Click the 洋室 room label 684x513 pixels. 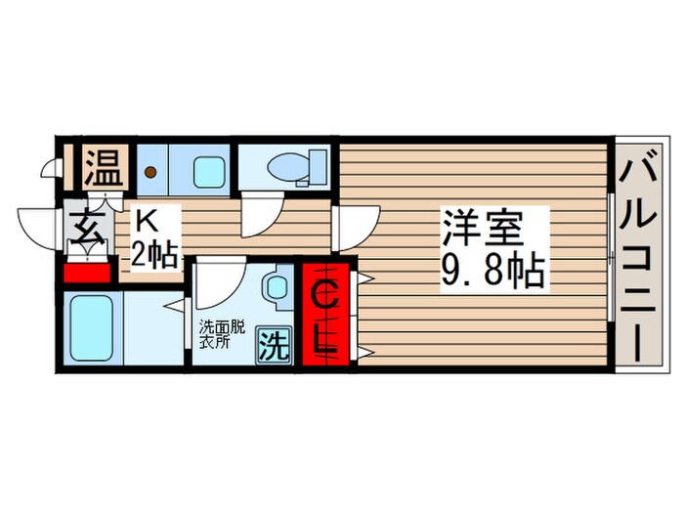click(484, 228)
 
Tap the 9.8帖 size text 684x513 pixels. click(493, 271)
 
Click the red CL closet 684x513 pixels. click(326, 314)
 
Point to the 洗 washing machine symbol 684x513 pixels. click(274, 345)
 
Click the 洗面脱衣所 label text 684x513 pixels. click(222, 334)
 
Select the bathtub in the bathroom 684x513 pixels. click(91, 328)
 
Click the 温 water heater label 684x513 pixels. click(104, 167)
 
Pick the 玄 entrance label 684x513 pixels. click(89, 228)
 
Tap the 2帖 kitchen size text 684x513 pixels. click(154, 254)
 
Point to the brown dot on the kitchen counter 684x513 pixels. click(150, 172)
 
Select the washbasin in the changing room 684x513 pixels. click(275, 287)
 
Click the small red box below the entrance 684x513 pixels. click(86, 273)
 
